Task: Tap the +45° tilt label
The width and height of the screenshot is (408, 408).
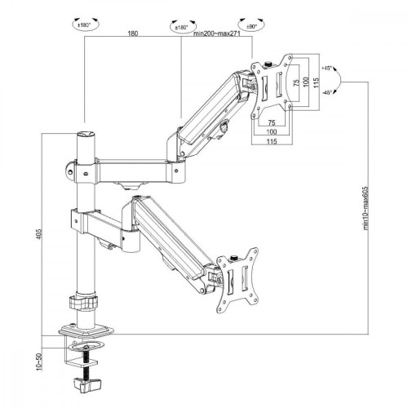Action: (x=329, y=69)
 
